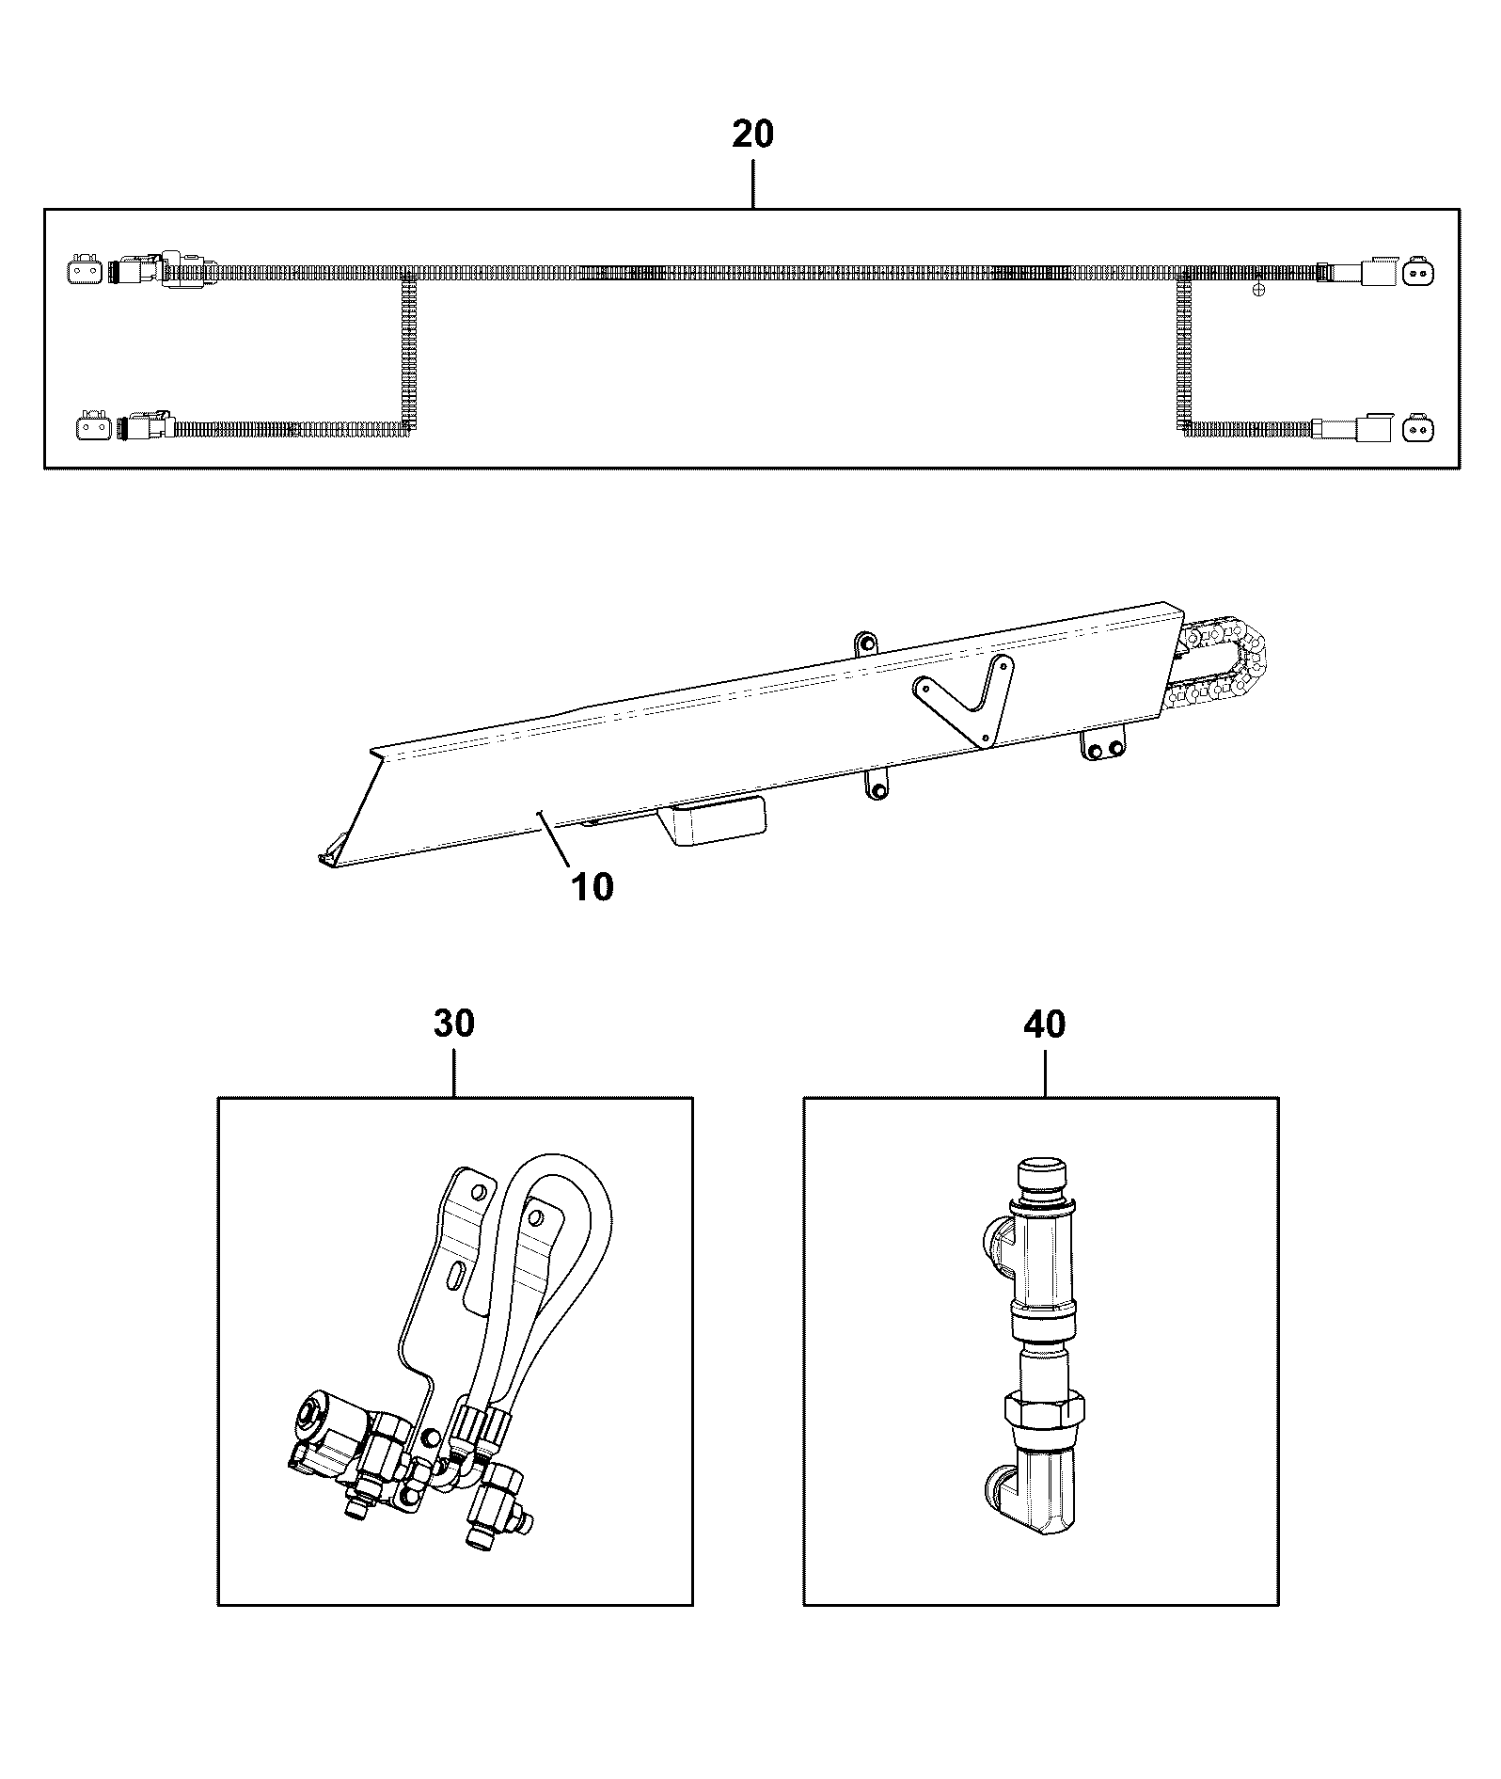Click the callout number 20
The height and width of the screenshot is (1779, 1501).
point(752,135)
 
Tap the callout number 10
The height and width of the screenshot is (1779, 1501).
point(592,886)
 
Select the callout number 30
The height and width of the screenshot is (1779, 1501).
point(454,1024)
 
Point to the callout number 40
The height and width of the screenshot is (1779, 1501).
point(1045,1024)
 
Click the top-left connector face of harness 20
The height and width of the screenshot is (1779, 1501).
point(82,271)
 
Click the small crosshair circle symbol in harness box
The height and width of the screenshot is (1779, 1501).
point(1259,290)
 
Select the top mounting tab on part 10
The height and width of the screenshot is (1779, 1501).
point(865,644)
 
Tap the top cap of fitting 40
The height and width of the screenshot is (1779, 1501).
point(1043,1177)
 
